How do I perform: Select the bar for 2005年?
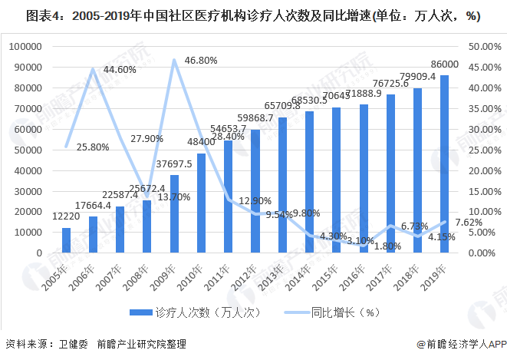(x=66, y=240)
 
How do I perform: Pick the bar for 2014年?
(x=309, y=182)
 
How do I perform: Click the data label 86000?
(x=444, y=64)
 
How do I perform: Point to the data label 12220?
(x=66, y=217)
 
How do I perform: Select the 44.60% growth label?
(x=120, y=70)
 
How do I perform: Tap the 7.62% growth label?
(x=469, y=223)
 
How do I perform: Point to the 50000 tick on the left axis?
(x=25, y=150)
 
